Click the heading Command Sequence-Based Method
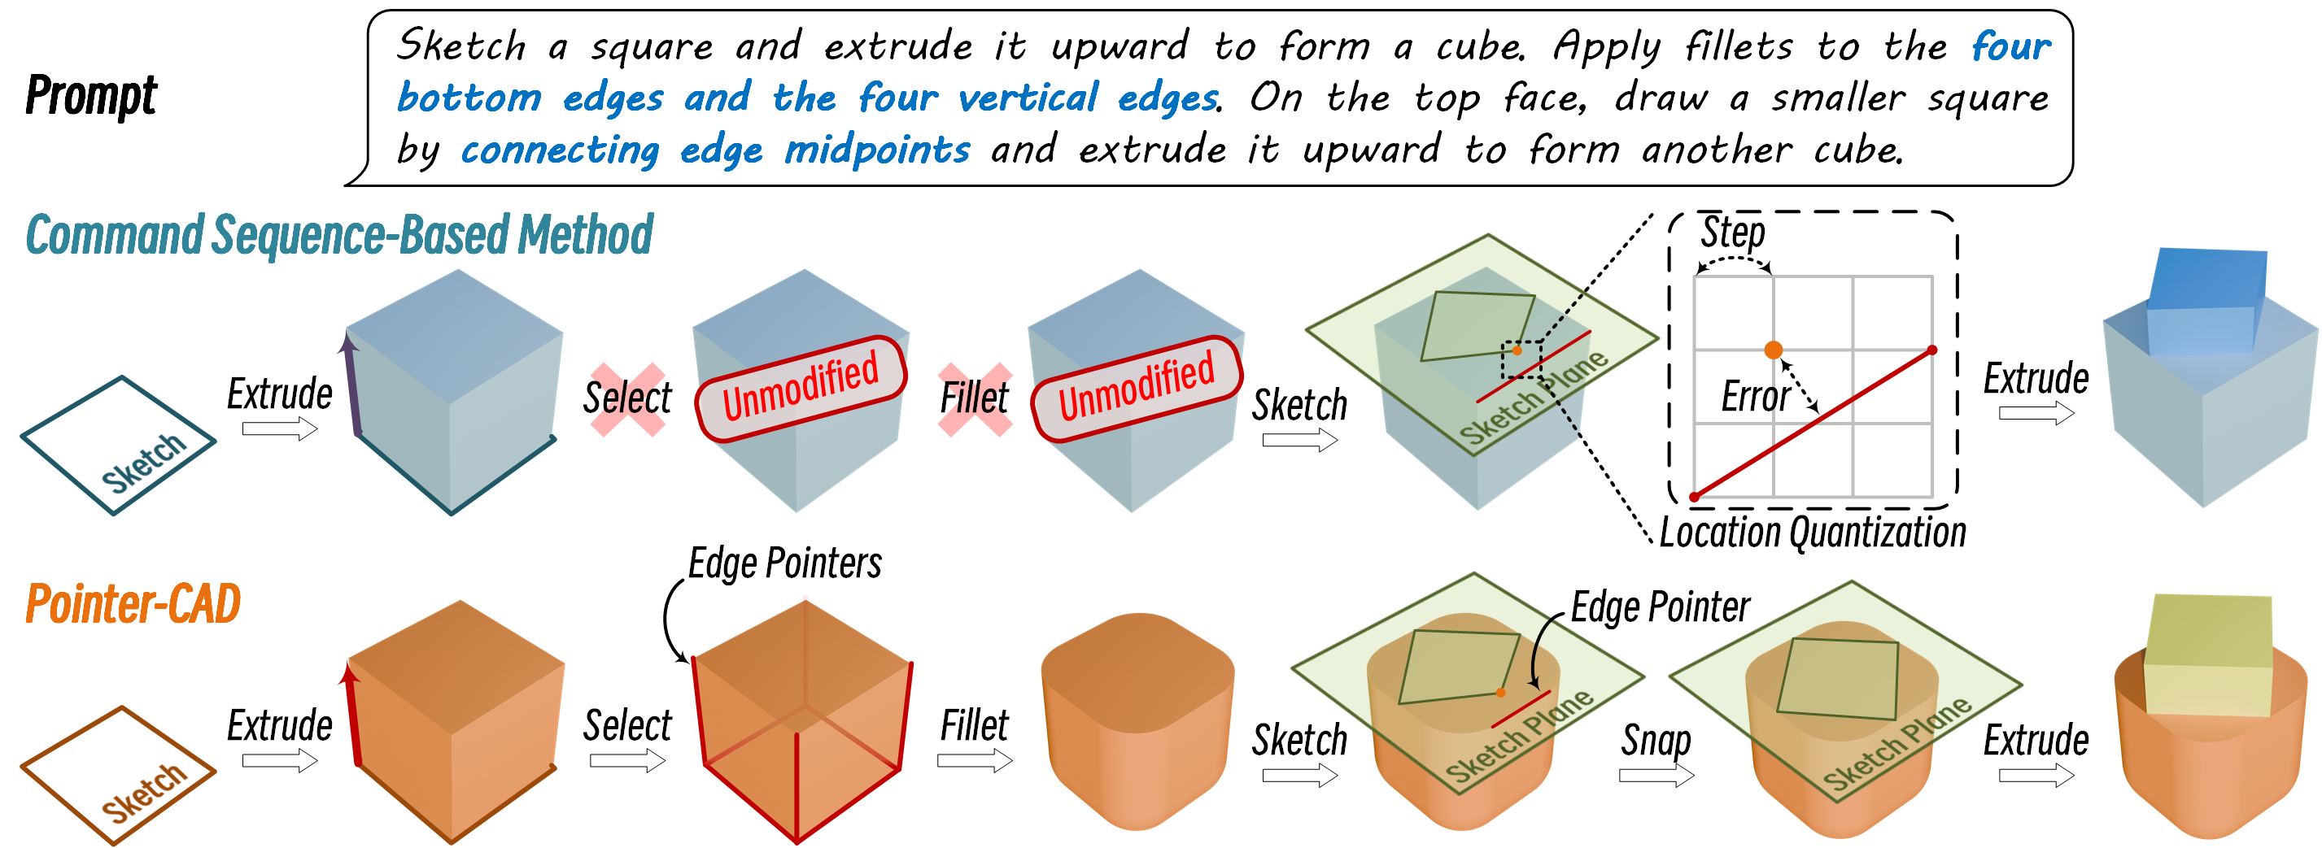(x=339, y=235)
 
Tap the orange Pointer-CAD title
(x=133, y=603)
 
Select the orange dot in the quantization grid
(x=1772, y=350)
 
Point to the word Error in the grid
(x=1755, y=397)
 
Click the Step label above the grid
(x=1732, y=233)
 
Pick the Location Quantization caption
(x=1812, y=532)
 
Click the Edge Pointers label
(x=785, y=563)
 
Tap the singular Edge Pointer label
(x=1661, y=607)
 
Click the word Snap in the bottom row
(x=1656, y=741)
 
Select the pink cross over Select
(x=627, y=399)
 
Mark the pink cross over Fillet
(x=975, y=399)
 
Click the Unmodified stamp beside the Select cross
(x=801, y=389)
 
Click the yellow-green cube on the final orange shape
(x=2208, y=655)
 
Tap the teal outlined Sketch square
(x=118, y=446)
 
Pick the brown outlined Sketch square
(x=118, y=775)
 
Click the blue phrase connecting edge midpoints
(x=715, y=150)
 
